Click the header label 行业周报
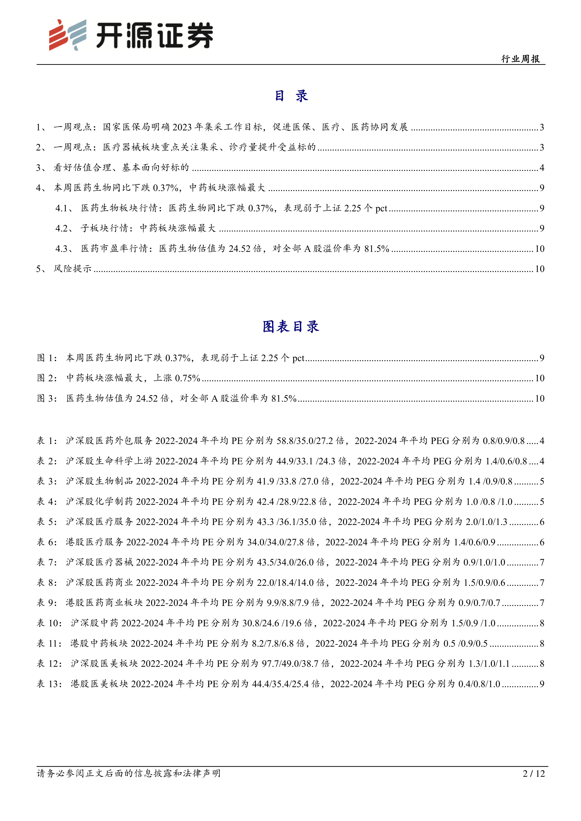point(521,59)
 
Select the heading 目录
point(291,96)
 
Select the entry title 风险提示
point(73,269)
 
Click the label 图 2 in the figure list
point(47,378)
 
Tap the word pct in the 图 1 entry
point(298,358)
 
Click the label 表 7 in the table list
point(47,562)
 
